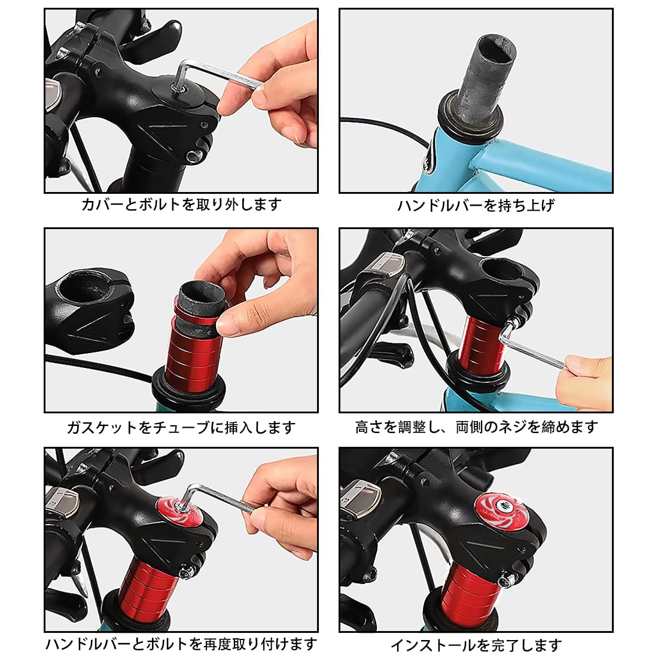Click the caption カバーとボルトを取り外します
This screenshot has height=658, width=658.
pos(181,205)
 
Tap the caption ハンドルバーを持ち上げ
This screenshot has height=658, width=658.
pos(476,205)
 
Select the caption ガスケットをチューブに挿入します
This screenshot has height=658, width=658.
pos(181,428)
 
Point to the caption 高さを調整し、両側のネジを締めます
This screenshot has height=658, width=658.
pos(476,427)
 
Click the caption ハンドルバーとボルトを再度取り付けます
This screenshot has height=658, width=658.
pos(181,644)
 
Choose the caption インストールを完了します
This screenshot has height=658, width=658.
pos(476,645)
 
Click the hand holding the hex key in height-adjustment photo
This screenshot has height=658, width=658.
pos(586,382)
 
